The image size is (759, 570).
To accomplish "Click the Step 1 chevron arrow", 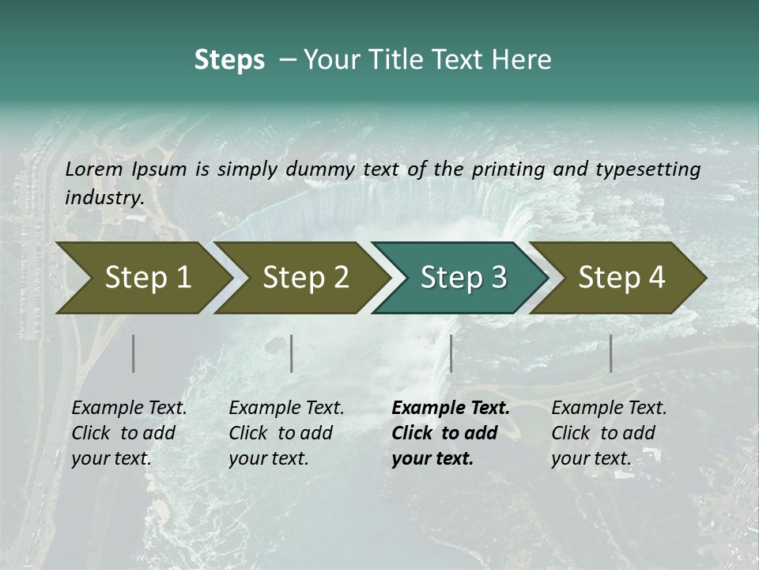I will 148,278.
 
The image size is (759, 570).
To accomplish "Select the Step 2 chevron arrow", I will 306,278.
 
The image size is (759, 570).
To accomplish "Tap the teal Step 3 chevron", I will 463,278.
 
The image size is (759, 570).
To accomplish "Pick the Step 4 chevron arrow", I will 621,278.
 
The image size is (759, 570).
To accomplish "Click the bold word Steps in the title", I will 229,60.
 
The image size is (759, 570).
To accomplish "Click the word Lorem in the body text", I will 94,169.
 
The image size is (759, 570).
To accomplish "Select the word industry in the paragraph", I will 104,197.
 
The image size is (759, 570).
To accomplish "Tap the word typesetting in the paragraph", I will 648,169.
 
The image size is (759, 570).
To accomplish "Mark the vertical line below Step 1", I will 134,353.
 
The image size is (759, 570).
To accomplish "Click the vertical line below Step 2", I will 292,353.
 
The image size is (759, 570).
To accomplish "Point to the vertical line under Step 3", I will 451,353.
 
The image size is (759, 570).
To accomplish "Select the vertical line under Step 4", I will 610,353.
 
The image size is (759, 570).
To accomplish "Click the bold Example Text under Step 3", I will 451,408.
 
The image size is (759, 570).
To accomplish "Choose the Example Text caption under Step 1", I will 130,408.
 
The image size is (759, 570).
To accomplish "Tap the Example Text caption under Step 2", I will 286,408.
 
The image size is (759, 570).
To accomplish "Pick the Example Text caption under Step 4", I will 609,408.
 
